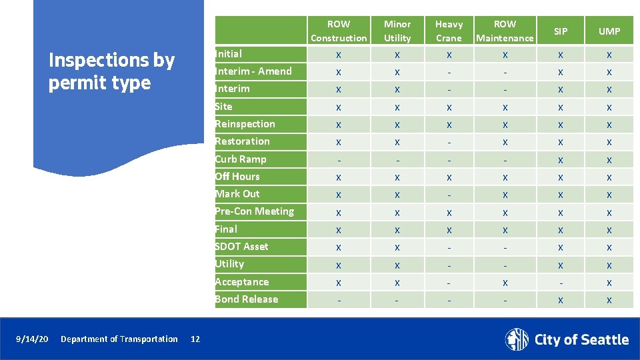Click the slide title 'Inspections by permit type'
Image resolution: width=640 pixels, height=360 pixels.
[111, 71]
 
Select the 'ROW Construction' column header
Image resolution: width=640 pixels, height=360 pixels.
[339, 31]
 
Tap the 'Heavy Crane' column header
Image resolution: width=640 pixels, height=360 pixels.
[449, 31]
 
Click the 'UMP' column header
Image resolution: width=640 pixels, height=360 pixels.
[609, 31]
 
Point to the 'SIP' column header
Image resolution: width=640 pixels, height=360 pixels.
[561, 31]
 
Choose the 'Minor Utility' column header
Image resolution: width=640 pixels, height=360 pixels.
[397, 31]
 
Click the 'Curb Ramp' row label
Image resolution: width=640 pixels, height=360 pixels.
[241, 159]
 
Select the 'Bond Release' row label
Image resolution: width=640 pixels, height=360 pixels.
[246, 299]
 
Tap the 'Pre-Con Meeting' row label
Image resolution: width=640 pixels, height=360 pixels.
[254, 211]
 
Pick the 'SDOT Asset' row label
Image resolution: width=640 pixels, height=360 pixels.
[241, 247]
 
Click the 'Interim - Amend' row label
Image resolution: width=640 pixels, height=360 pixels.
[253, 71]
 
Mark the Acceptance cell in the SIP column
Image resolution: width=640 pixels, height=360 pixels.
[561, 282]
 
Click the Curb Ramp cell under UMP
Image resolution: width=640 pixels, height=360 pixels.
[609, 160]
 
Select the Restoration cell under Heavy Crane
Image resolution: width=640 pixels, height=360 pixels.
[449, 142]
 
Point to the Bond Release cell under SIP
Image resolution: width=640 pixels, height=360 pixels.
[561, 300]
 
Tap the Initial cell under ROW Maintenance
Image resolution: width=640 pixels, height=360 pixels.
[505, 55]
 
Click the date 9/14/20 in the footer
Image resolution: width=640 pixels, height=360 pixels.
[32, 339]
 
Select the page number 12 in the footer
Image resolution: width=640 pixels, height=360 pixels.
[195, 339]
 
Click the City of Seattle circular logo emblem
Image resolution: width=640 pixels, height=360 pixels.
[517, 339]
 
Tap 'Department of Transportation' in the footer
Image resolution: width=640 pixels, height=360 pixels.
[119, 339]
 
